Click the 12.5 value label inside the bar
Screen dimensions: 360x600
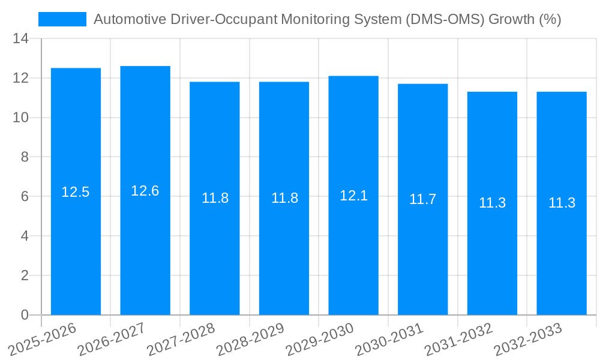click(x=76, y=193)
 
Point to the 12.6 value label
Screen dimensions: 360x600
click(x=145, y=191)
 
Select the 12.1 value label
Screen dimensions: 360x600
click(x=353, y=196)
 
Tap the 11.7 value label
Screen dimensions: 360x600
click(x=423, y=200)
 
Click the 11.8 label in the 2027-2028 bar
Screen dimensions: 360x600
click(x=215, y=199)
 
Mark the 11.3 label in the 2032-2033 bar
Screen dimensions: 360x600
click(x=562, y=203)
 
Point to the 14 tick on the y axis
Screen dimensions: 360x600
click(x=21, y=39)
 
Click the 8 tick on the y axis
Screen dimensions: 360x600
click(x=25, y=157)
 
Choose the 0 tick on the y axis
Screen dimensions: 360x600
click(x=25, y=315)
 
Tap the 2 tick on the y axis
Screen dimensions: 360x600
click(x=25, y=275)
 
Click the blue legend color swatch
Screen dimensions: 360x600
click(x=62, y=19)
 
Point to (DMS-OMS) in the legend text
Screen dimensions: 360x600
click(x=445, y=19)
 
